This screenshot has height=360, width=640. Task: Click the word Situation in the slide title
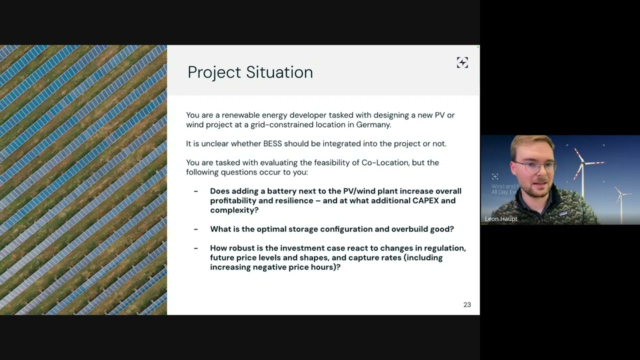tap(279, 72)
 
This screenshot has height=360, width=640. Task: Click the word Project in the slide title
tap(214, 72)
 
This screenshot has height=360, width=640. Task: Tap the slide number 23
tap(467, 304)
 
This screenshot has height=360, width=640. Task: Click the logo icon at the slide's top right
tap(462, 62)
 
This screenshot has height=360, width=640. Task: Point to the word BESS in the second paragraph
tap(272, 143)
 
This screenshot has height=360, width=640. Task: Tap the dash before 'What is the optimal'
tap(196, 229)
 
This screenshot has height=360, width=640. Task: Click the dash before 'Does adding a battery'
tap(196, 191)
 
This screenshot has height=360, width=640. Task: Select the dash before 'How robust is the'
tap(196, 248)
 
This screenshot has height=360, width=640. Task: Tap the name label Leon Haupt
tap(501, 219)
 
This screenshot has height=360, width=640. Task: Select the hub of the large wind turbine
tap(581, 161)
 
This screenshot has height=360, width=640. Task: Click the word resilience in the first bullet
tap(287, 200)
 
